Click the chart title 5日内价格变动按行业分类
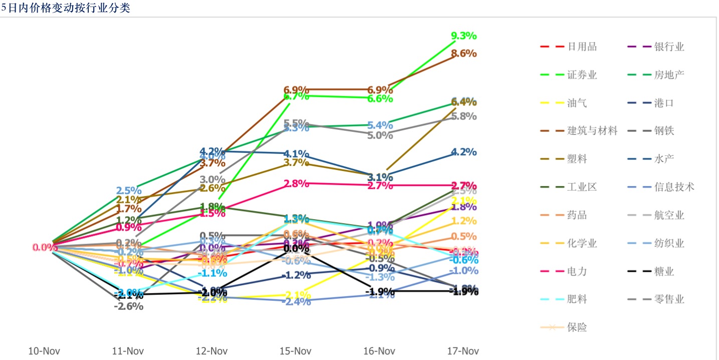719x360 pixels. (x=66, y=8)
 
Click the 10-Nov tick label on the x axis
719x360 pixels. (x=44, y=351)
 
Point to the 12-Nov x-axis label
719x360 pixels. (x=212, y=351)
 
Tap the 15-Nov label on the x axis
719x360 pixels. (x=296, y=351)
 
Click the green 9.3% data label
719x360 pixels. (x=464, y=36)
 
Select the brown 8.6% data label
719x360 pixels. (x=464, y=53)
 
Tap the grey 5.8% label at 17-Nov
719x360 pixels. (x=464, y=116)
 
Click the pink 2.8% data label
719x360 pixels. (x=296, y=184)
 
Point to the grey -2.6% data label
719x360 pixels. (x=129, y=306)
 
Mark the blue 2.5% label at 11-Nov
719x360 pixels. (x=129, y=191)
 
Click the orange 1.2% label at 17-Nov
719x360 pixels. (x=464, y=221)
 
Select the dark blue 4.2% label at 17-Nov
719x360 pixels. (x=464, y=152)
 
